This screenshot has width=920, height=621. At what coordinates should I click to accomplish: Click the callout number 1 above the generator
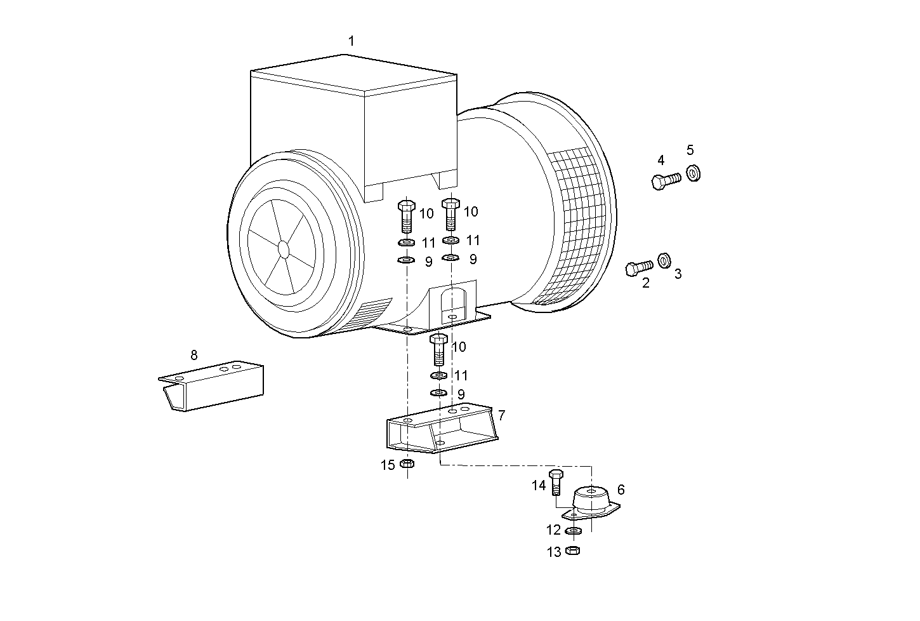[351, 41]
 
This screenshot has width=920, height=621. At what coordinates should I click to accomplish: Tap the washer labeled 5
[693, 172]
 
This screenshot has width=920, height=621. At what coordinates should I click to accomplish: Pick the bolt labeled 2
[638, 268]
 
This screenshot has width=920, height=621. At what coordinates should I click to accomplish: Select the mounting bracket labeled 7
[441, 429]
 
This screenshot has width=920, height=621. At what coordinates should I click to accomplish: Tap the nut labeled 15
[407, 465]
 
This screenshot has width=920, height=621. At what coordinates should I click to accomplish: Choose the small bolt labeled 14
[556, 483]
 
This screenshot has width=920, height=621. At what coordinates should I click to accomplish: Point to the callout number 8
[194, 355]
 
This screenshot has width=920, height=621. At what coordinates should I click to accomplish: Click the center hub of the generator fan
[283, 248]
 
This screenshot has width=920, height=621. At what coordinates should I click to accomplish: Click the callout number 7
[501, 415]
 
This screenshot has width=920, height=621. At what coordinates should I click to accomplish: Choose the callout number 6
[621, 490]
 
